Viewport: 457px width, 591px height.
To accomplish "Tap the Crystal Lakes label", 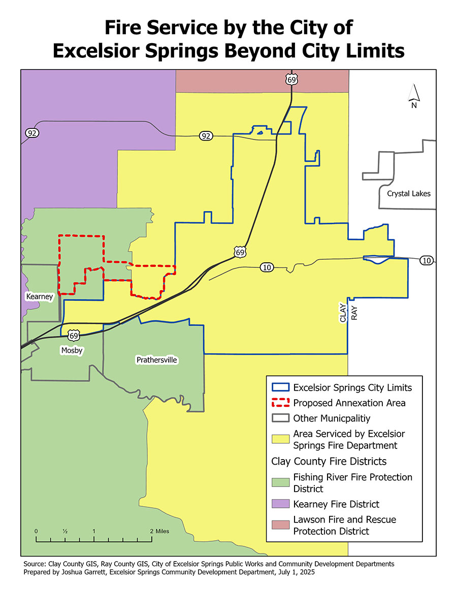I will [x=408, y=193].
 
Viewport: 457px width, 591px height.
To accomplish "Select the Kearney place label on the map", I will [x=39, y=296].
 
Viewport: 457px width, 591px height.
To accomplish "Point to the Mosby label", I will [x=72, y=350].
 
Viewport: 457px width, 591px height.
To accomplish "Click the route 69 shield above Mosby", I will [x=74, y=335].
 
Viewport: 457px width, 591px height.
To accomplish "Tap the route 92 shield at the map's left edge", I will [x=31, y=133].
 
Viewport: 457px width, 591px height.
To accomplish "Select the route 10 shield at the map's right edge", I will [x=427, y=261].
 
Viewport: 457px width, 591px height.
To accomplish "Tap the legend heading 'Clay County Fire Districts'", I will [x=329, y=461].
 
